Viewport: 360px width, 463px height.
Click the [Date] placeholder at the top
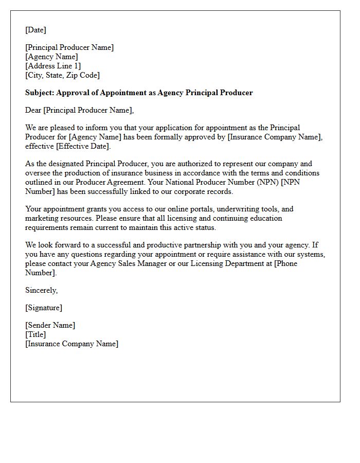click(35, 30)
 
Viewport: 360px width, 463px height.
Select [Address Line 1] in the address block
click(53, 66)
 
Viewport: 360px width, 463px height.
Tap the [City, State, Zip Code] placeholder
click(62, 75)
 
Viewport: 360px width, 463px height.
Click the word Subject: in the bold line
click(40, 93)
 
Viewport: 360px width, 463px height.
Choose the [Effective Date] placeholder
click(82, 146)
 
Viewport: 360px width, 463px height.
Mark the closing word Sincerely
click(41, 290)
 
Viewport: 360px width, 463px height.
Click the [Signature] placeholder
click(44, 308)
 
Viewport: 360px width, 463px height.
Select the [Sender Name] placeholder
click(50, 325)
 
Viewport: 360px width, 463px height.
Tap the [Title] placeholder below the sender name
click(35, 334)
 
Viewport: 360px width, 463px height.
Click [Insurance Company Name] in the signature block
click(71, 344)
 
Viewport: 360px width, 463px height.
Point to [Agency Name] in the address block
click(51, 57)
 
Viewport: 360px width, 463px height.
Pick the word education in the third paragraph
click(266, 218)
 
